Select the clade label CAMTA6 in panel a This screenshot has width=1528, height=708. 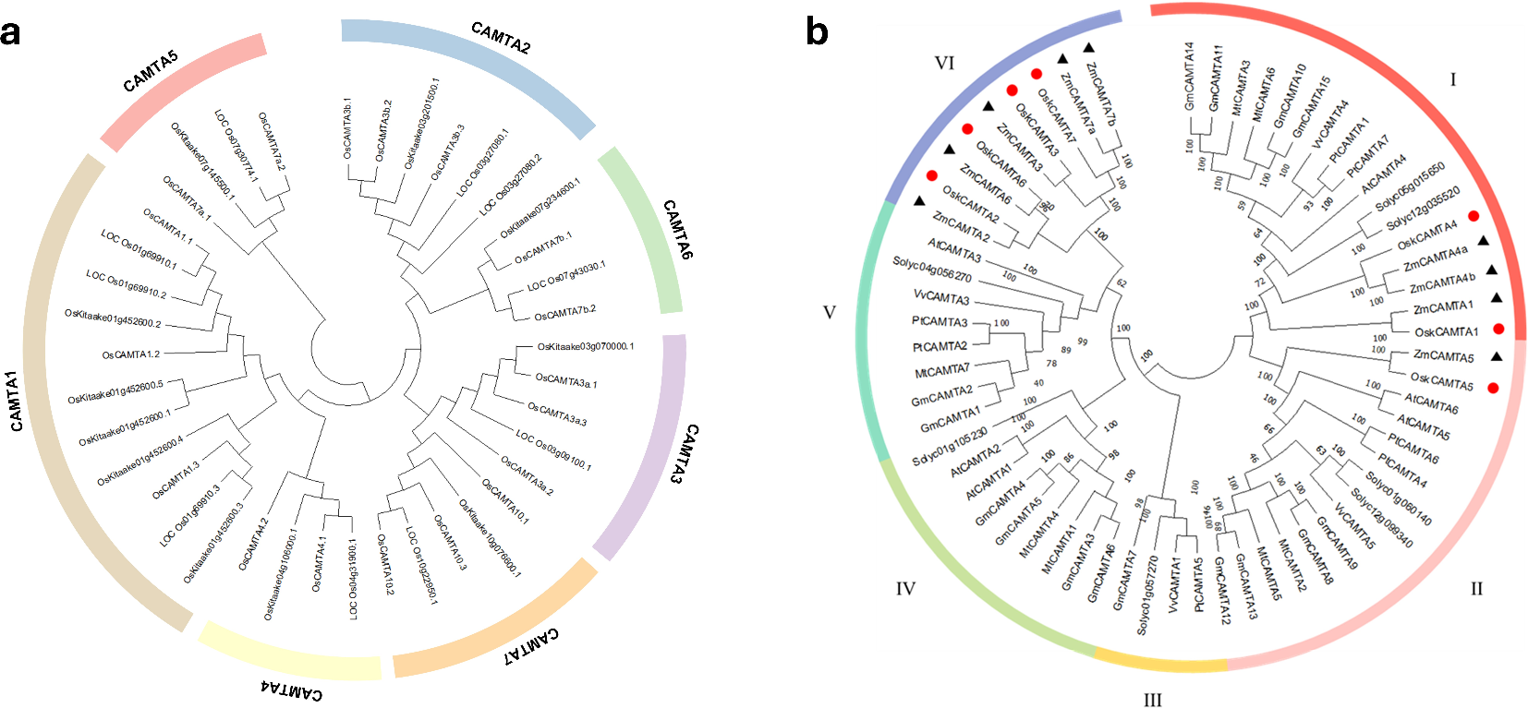pyautogui.click(x=677, y=229)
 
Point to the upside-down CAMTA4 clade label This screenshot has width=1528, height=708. pyautogui.click(x=292, y=690)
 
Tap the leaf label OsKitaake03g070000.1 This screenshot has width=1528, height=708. pyautogui.click(x=586, y=347)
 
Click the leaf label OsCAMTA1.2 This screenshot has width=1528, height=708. pyautogui.click(x=130, y=354)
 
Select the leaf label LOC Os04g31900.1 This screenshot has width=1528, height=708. pyautogui.click(x=353, y=579)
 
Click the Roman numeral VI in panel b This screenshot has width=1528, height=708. pyautogui.click(x=944, y=63)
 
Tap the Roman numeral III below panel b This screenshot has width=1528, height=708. pyautogui.click(x=1152, y=700)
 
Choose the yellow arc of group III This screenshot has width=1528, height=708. pyautogui.click(x=1160, y=662)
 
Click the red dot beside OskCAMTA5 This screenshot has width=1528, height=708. pyautogui.click(x=1493, y=388)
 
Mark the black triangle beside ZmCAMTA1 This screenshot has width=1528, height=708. pyautogui.click(x=1497, y=298)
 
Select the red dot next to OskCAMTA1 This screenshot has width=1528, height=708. pyautogui.click(x=1498, y=329)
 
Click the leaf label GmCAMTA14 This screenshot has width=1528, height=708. pyautogui.click(x=1190, y=76)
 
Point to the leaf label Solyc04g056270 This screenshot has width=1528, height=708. pyautogui.click(x=931, y=269)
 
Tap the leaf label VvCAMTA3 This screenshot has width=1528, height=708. pyautogui.click(x=941, y=297)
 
